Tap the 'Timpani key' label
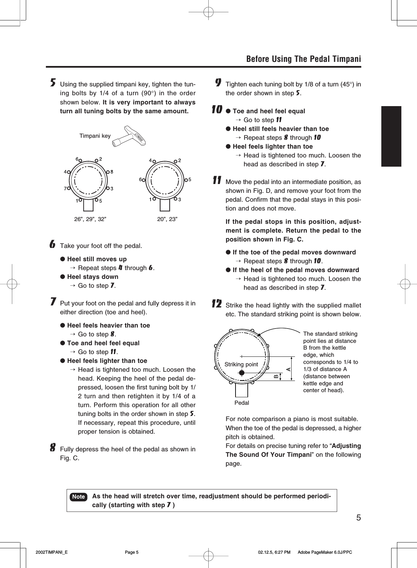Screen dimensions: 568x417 [x=95, y=136]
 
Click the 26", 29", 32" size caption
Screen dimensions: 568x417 [x=90, y=219]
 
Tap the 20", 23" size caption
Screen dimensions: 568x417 [x=167, y=219]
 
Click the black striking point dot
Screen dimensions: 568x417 [x=242, y=373]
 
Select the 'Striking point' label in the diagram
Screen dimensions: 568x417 [x=241, y=365]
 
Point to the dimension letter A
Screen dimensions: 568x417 [x=289, y=369]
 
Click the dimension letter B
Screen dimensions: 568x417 [x=276, y=376]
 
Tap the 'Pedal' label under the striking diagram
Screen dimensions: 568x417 [x=242, y=403]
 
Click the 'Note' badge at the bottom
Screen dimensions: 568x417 [x=79, y=497]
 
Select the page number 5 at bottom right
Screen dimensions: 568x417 [x=358, y=518]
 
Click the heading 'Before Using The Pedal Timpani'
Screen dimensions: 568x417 [x=303, y=59]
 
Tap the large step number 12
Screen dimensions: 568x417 [x=217, y=304]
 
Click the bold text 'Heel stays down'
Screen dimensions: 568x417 [x=93, y=277]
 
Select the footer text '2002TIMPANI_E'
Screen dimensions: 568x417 [x=52, y=552]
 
